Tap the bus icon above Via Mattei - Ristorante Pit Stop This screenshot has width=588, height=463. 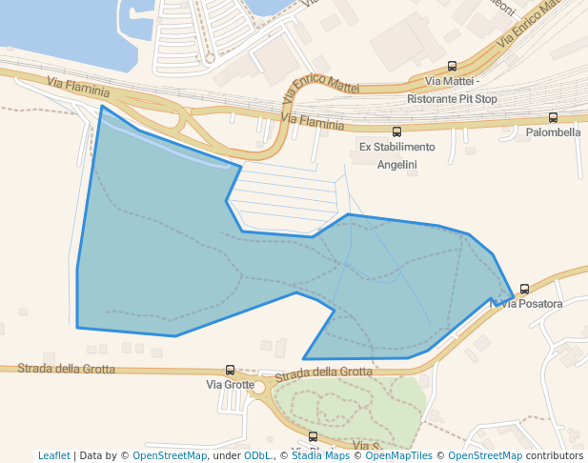pyautogui.click(x=452, y=67)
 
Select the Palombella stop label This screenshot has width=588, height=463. pyautogui.click(x=553, y=132)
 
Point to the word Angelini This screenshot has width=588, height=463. pyautogui.click(x=396, y=164)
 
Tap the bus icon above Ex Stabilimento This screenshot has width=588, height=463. pyautogui.click(x=396, y=131)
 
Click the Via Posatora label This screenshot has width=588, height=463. pyautogui.click(x=531, y=304)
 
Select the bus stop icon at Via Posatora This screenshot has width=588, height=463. pyautogui.click(x=524, y=290)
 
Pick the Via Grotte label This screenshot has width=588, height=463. pyautogui.click(x=231, y=385)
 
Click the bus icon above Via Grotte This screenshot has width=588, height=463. pyautogui.click(x=230, y=370)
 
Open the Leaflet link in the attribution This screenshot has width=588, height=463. pyautogui.click(x=53, y=455)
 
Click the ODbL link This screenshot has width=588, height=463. pyautogui.click(x=256, y=455)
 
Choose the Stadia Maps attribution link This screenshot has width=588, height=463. pyautogui.click(x=320, y=455)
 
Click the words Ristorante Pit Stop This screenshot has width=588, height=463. pyautogui.click(x=452, y=98)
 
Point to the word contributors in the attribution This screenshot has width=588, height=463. pyautogui.click(x=554, y=455)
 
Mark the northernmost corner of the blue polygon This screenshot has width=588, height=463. pyautogui.click(x=101, y=106)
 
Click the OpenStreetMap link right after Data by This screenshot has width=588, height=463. pyautogui.click(x=170, y=455)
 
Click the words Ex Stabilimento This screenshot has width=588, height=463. pyautogui.click(x=396, y=147)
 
